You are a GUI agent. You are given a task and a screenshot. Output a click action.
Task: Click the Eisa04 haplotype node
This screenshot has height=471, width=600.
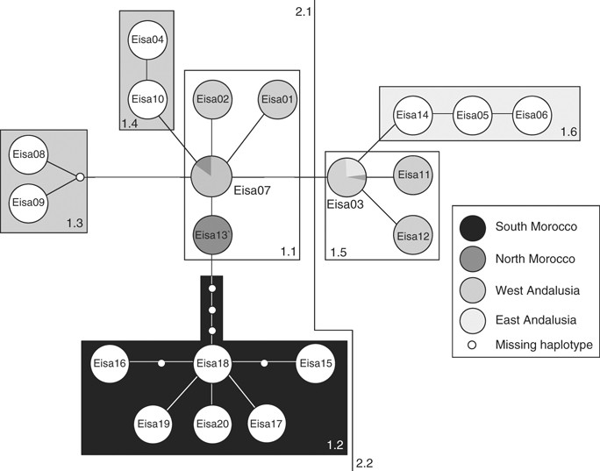coord(146,39)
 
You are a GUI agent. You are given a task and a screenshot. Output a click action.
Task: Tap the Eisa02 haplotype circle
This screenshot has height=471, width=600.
coord(211,98)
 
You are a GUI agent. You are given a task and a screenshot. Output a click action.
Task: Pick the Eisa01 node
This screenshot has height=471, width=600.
coord(278,98)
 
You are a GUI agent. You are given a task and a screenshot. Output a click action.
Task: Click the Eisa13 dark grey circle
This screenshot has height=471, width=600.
coord(211,234)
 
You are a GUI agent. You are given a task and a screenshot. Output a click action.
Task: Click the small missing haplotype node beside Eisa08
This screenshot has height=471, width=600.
coord(80,178)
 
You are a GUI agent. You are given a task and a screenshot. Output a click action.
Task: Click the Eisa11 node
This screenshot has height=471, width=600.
coord(412,175)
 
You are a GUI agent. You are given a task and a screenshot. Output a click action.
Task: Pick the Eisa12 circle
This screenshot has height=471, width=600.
coord(412,235)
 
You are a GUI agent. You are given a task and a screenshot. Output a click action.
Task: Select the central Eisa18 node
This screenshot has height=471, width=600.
coord(211,362)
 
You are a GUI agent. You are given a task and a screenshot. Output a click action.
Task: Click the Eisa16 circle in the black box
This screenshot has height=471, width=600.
coord(111,362)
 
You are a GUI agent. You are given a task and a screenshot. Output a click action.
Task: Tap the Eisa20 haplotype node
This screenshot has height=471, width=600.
coord(211,424)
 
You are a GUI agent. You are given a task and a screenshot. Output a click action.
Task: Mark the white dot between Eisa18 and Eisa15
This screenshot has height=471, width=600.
coord(264,362)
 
